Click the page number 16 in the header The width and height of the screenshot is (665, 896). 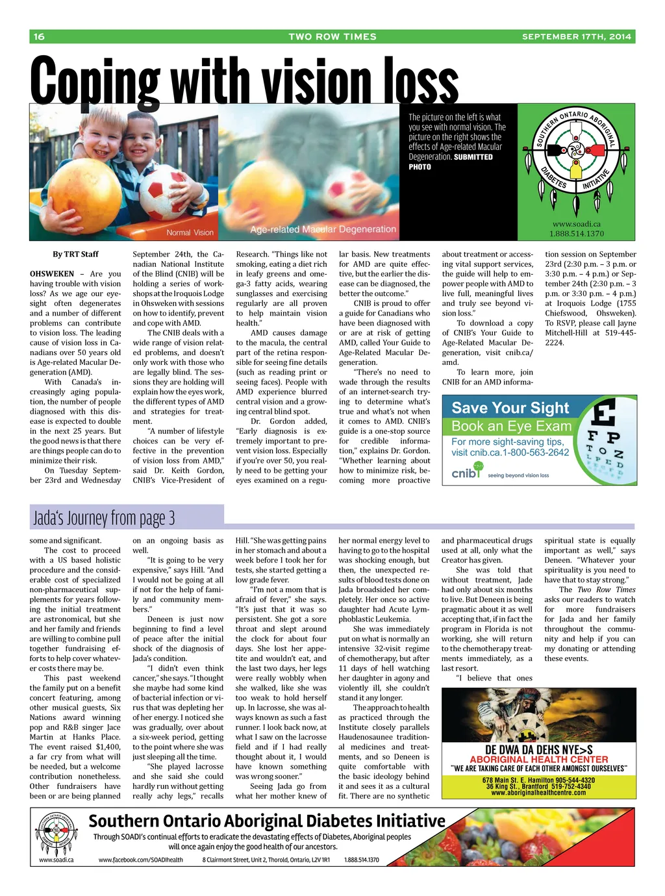click(x=40, y=37)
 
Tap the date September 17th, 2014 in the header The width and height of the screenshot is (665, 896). click(x=576, y=37)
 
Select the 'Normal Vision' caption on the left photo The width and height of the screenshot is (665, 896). click(x=190, y=232)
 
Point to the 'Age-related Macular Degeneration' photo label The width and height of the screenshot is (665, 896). click(x=323, y=229)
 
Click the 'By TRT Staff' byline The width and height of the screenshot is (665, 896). click(x=75, y=255)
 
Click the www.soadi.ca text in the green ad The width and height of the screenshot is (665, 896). click(x=576, y=224)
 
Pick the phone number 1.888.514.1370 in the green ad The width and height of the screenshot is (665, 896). click(x=576, y=234)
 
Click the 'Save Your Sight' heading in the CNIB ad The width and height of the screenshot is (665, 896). click(x=510, y=408)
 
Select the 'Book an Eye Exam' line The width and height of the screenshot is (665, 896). click(x=511, y=426)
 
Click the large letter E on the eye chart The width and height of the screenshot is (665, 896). click(x=605, y=414)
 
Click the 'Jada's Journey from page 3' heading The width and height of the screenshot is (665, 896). click(x=104, y=518)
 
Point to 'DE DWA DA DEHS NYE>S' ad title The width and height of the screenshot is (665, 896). click(x=538, y=750)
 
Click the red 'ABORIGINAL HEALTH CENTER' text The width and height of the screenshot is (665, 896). click(x=538, y=760)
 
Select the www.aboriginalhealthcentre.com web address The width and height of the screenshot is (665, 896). click(x=538, y=793)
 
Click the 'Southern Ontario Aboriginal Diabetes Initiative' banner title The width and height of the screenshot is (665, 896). click(x=267, y=821)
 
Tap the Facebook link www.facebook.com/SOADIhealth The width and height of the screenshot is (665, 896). click(x=141, y=860)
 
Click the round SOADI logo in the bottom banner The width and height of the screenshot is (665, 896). click(x=56, y=831)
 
